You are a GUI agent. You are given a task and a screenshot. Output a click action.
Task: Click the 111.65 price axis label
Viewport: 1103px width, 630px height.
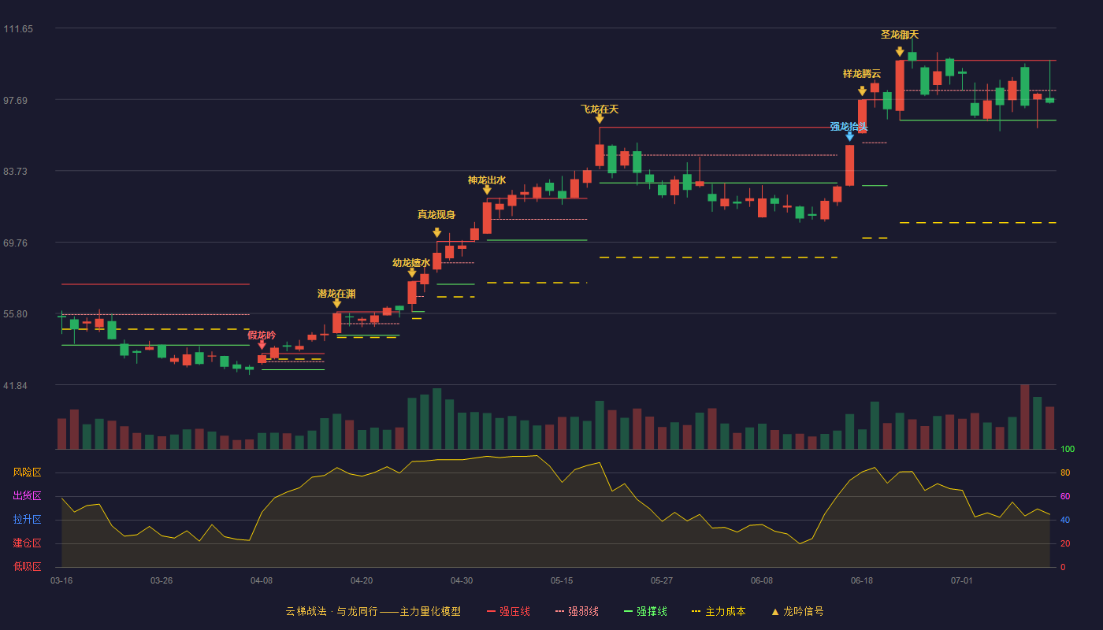[18, 29]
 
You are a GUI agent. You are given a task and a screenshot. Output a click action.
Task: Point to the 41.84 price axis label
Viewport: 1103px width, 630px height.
[15, 386]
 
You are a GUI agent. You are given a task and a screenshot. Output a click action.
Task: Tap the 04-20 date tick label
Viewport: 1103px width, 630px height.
[362, 581]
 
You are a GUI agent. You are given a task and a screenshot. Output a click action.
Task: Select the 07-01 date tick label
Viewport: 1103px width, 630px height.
[962, 581]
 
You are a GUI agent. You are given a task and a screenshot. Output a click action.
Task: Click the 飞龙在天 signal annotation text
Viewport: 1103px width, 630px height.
[600, 109]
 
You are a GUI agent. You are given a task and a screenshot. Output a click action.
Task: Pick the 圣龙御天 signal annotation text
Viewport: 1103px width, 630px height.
[900, 35]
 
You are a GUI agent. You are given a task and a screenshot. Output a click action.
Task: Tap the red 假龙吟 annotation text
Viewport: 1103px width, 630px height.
[262, 335]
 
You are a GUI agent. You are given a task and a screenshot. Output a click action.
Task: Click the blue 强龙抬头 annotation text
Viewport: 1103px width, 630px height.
[849, 127]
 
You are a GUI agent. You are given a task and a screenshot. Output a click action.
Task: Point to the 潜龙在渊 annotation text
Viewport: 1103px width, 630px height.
[336, 294]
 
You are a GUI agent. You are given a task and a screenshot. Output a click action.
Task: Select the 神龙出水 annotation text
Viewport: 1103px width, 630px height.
[487, 180]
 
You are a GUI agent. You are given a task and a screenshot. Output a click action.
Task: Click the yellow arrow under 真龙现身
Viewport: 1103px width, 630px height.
[436, 232]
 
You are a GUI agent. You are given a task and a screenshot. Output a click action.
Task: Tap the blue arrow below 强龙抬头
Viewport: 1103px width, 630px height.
[849, 136]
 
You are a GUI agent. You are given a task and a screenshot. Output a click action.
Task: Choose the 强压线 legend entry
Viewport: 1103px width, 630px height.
[508, 611]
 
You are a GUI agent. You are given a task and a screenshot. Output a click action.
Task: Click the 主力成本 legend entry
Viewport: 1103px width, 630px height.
[719, 611]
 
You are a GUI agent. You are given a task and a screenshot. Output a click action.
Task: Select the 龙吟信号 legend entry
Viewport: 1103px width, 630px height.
[797, 611]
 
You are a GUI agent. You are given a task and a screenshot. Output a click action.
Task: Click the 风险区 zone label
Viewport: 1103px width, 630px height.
[27, 472]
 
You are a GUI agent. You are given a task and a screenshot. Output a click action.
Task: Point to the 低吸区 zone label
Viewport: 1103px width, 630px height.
[27, 567]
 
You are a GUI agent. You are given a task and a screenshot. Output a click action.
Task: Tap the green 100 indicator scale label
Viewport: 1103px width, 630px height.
[1068, 449]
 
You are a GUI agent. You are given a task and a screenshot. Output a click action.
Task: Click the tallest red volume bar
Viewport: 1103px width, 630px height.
[1025, 417]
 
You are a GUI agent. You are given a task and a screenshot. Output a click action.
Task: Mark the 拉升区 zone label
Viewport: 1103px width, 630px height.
[27, 520]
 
